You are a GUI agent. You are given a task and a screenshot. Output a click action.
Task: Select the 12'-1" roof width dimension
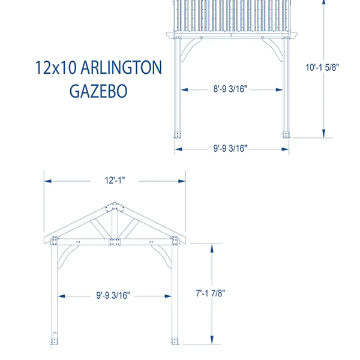113,180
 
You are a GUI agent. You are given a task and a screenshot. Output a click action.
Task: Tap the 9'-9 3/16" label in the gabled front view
113,295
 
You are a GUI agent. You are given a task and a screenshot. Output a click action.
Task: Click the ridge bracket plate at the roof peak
113,208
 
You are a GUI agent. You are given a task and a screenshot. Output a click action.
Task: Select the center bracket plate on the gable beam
113,242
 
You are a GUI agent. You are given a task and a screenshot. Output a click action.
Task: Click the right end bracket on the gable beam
175,241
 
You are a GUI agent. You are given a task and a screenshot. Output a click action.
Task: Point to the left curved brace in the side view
190,49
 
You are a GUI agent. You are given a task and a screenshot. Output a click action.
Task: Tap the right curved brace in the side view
274,49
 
